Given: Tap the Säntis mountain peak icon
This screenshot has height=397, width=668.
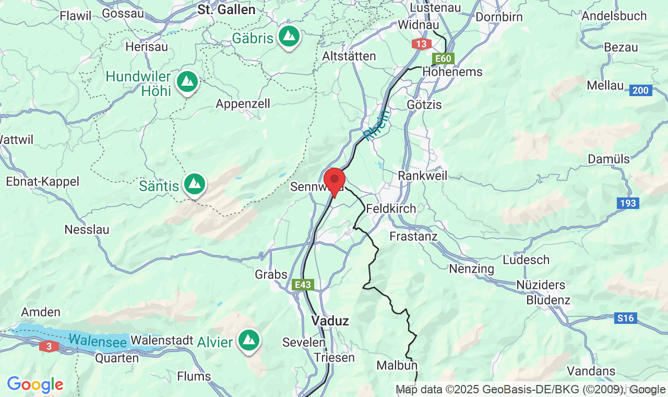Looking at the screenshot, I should tap(195, 183).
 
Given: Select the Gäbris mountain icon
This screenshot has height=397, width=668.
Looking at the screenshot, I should tap(289, 36).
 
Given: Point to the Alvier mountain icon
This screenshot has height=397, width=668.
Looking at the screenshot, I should tap(249, 341).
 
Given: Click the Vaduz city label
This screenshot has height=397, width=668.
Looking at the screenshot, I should tap(330, 321).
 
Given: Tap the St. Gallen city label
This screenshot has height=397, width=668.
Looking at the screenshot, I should tap(226, 10).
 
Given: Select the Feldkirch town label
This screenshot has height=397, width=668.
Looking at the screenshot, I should tap(391, 208).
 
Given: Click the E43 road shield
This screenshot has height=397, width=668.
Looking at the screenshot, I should tap(303, 285).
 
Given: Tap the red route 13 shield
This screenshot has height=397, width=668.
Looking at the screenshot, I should tap(422, 44).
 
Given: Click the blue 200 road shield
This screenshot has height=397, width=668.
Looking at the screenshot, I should tap(640, 90).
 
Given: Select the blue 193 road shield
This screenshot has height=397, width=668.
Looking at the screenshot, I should tap(628, 203).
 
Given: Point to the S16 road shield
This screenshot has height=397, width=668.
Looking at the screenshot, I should tap(625, 318).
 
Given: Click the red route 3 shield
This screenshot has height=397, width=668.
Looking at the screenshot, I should tap(49, 346).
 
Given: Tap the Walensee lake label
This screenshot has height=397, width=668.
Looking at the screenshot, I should tap(98, 341).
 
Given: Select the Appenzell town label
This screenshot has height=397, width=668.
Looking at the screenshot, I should tap(243, 103).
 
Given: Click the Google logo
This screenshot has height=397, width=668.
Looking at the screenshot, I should tap(35, 385).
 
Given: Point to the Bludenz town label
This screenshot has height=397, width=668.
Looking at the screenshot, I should tap(548, 300).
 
